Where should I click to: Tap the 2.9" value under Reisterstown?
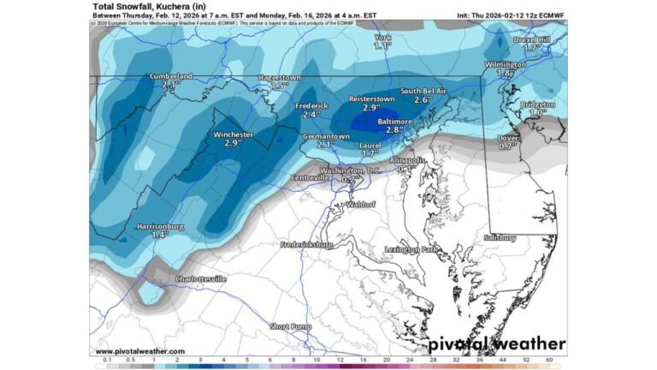coord(371,108)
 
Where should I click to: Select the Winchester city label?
coord(233,134)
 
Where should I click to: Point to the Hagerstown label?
coord(279,78)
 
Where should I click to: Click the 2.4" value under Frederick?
coord(311,114)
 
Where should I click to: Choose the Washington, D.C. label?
coord(349,170)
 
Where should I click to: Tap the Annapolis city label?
coord(406,160)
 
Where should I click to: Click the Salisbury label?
coord(500,237)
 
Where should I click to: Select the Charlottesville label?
coord(200,279)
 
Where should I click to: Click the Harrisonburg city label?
coord(161,226)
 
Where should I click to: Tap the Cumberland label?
coord(170,76)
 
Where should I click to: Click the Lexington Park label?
coord(411,249)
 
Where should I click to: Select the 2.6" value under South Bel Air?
coord(422,99)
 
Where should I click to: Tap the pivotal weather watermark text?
coord(496,344)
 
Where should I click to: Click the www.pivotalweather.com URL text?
coord(139,351)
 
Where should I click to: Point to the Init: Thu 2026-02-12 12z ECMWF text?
coord(510,15)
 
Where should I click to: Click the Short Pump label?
coord(291,326)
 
